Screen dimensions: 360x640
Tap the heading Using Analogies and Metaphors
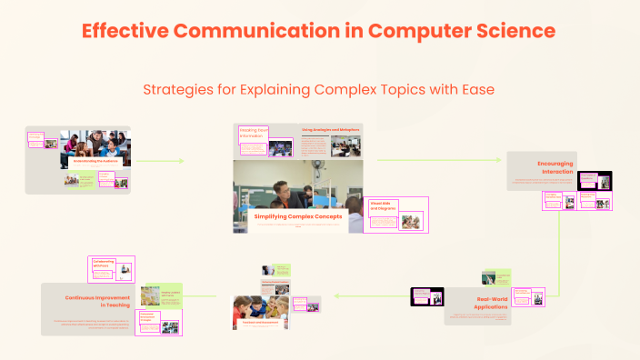pyautogui.click(x=330, y=130)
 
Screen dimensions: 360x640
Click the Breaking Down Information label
pyautogui.click(x=252, y=134)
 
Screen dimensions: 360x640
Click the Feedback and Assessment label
pyautogui.click(x=259, y=323)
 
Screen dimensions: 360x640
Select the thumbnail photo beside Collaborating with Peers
pyautogui.click(x=126, y=270)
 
